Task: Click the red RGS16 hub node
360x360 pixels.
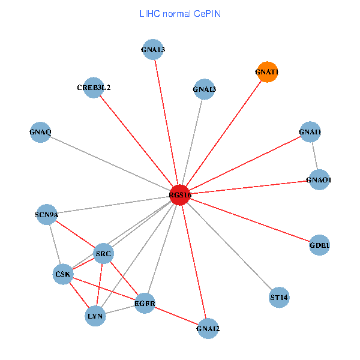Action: coord(180,195)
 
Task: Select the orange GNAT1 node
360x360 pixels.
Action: coord(267,73)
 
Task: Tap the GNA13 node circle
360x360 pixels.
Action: coord(153,50)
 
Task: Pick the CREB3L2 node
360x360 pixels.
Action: coord(94,88)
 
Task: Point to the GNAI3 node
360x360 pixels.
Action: coord(205,90)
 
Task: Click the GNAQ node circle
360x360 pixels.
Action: coord(40,132)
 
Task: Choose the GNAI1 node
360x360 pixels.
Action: coord(310,132)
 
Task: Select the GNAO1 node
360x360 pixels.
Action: coord(319,179)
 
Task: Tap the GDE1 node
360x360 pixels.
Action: coord(319,245)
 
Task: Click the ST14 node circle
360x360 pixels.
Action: coord(279,297)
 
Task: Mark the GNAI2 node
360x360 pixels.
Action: coord(208,328)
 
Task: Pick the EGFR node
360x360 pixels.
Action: coord(145,304)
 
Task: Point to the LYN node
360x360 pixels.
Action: coord(95,316)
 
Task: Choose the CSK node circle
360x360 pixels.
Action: coord(63,275)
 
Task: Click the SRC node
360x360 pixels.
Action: coord(103,254)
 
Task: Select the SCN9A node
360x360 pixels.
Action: coord(47,214)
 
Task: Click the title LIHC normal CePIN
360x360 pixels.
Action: coord(180,13)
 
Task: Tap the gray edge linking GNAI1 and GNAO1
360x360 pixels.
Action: coord(314,155)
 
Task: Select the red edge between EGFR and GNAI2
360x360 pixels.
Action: coord(176,316)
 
